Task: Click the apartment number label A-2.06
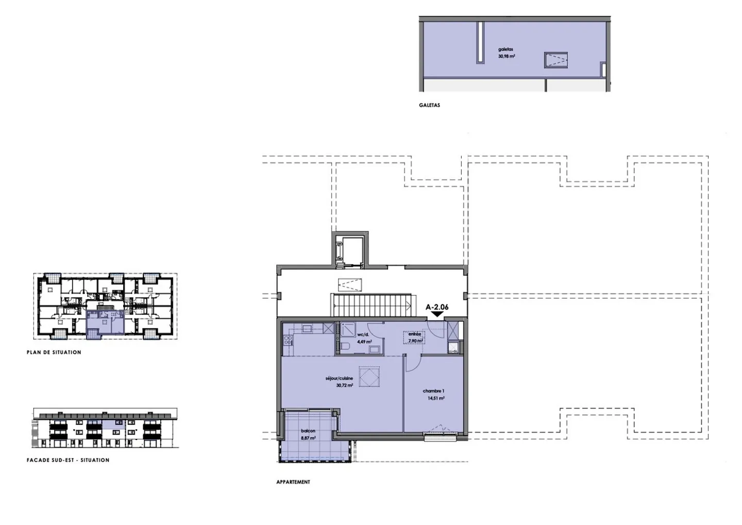[437, 307]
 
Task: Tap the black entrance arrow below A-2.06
[437, 314]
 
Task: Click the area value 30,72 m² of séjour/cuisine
[344, 385]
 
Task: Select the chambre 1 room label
[433, 391]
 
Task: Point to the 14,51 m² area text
[436, 398]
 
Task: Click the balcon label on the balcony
[308, 431]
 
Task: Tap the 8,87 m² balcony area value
[308, 438]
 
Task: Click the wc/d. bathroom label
[364, 334]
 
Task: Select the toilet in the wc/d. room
[346, 346]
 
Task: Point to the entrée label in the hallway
[415, 334]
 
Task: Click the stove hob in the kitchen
[286, 340]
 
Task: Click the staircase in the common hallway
[372, 305]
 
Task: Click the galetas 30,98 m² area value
[507, 56]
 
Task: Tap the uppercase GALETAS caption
[429, 105]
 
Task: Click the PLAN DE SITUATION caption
[54, 352]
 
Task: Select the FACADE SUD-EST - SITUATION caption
[68, 460]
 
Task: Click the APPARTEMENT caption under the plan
[293, 482]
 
